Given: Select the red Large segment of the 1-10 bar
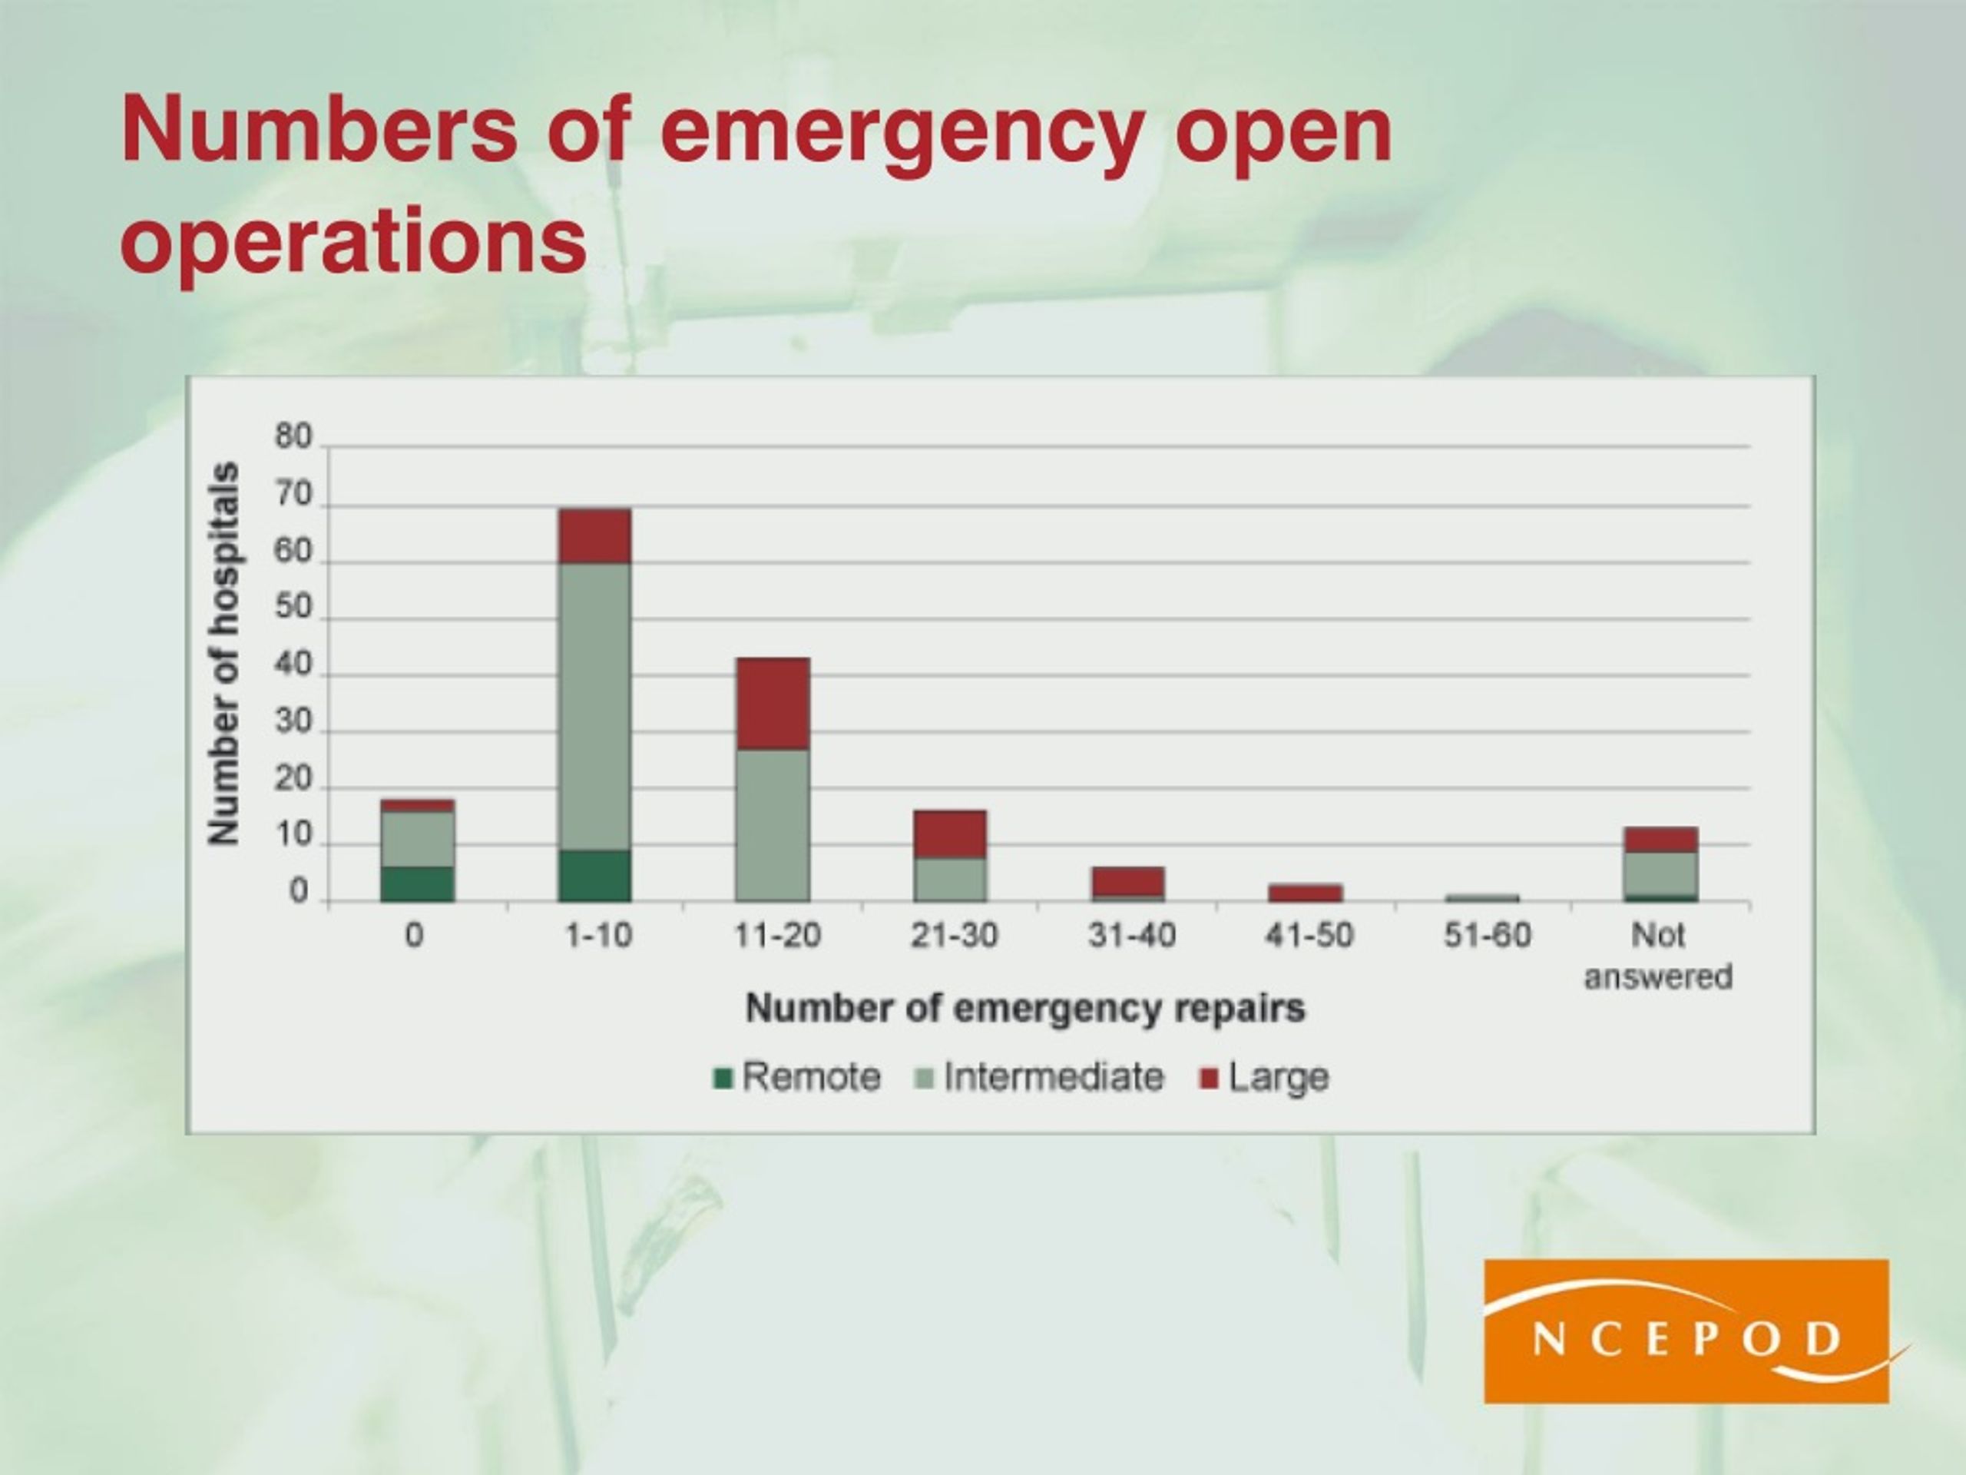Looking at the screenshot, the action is pyautogui.click(x=594, y=536).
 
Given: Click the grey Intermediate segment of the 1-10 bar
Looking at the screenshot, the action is pyautogui.click(x=594, y=707).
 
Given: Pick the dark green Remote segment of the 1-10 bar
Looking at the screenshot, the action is pyautogui.click(x=594, y=876).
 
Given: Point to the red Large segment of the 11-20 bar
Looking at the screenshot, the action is pyautogui.click(x=773, y=703).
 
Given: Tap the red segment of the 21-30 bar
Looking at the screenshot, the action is pyautogui.click(x=950, y=834).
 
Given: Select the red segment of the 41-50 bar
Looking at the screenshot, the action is pyautogui.click(x=1305, y=893).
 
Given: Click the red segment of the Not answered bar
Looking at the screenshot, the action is pyautogui.click(x=1660, y=840).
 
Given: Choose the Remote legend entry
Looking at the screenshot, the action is pyautogui.click(x=797, y=1077).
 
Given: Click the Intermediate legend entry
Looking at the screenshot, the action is pyautogui.click(x=1039, y=1077).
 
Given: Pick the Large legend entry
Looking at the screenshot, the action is pyautogui.click(x=1265, y=1078).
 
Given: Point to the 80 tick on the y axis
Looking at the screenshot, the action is pyautogui.click(x=293, y=437).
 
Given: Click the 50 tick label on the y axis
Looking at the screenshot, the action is pyautogui.click(x=293, y=609).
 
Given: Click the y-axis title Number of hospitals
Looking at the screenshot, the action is pyautogui.click(x=223, y=654).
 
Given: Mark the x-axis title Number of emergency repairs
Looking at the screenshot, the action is pyautogui.click(x=1026, y=1008).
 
